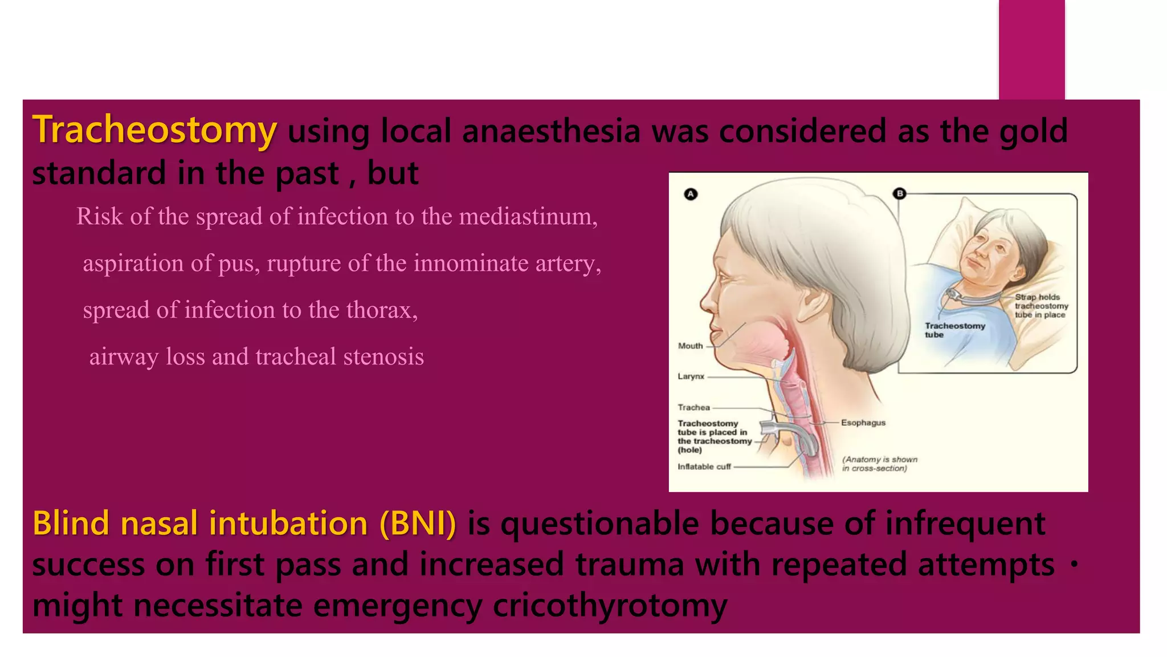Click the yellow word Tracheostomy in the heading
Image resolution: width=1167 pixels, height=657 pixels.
click(154, 130)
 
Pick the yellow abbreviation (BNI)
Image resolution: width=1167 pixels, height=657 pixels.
click(418, 524)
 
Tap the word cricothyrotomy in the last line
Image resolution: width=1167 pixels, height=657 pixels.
click(610, 606)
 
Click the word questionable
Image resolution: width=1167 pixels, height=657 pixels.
click(599, 524)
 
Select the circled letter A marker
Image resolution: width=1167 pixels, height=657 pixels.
click(691, 194)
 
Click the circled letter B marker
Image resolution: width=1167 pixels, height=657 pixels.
click(900, 194)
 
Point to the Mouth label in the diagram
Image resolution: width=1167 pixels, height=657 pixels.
click(690, 346)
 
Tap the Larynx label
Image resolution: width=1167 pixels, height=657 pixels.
click(691, 376)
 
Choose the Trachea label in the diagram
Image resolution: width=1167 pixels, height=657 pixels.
click(693, 408)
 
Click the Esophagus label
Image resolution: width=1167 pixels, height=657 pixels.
click(863, 423)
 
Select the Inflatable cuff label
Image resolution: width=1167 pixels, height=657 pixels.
click(704, 467)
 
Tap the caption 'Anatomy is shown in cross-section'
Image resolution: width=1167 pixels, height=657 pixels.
click(879, 464)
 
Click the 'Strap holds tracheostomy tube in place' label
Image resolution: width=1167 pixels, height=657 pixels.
click(1040, 306)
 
